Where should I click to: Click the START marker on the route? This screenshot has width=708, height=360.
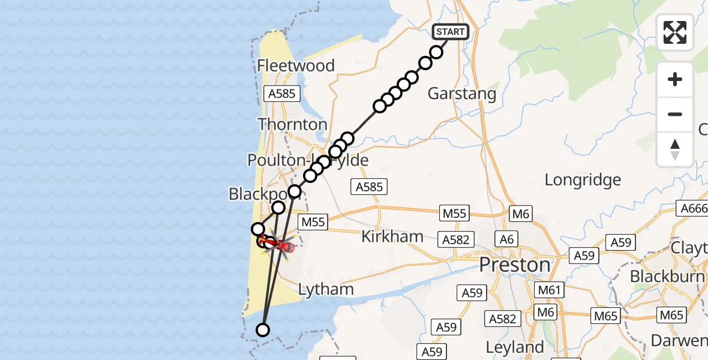(451, 31)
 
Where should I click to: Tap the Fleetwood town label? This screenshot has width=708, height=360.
(295, 65)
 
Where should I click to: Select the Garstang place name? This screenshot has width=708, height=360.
(462, 94)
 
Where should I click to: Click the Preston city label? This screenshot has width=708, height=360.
(515, 265)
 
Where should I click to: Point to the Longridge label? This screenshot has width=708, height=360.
(582, 179)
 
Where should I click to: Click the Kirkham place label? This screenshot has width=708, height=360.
(392, 236)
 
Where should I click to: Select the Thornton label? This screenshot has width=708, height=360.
(292, 124)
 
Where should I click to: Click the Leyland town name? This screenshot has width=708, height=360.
(514, 347)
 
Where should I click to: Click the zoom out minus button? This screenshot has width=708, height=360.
(675, 114)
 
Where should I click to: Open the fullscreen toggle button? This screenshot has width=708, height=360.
(675, 32)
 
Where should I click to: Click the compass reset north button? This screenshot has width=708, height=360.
(675, 149)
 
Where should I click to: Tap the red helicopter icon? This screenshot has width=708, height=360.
(280, 244)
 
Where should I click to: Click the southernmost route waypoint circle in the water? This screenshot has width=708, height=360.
(263, 329)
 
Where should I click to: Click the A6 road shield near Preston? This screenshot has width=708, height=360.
(507, 239)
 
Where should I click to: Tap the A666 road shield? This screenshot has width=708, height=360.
(694, 208)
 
